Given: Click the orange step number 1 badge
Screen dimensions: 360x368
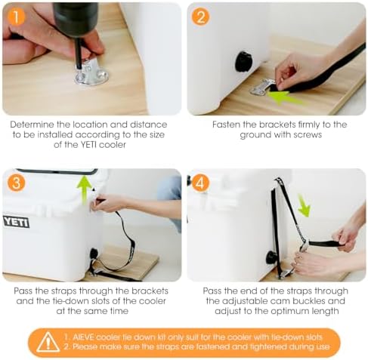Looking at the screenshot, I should (14, 15).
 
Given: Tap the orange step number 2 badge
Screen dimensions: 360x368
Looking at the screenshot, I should (200, 15).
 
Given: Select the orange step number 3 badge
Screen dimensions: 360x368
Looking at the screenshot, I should (15, 182).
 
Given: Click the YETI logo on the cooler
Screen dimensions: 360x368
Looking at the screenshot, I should (16, 221).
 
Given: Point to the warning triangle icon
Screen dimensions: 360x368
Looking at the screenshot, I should (48, 341).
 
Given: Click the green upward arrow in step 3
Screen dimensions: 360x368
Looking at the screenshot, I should (84, 188).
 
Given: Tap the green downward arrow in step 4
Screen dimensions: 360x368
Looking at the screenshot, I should (302, 205).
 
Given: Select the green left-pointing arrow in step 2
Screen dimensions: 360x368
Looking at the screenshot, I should (286, 97).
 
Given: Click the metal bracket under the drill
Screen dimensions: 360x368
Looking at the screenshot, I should (91, 73).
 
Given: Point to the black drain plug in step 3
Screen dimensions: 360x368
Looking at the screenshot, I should (94, 254).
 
